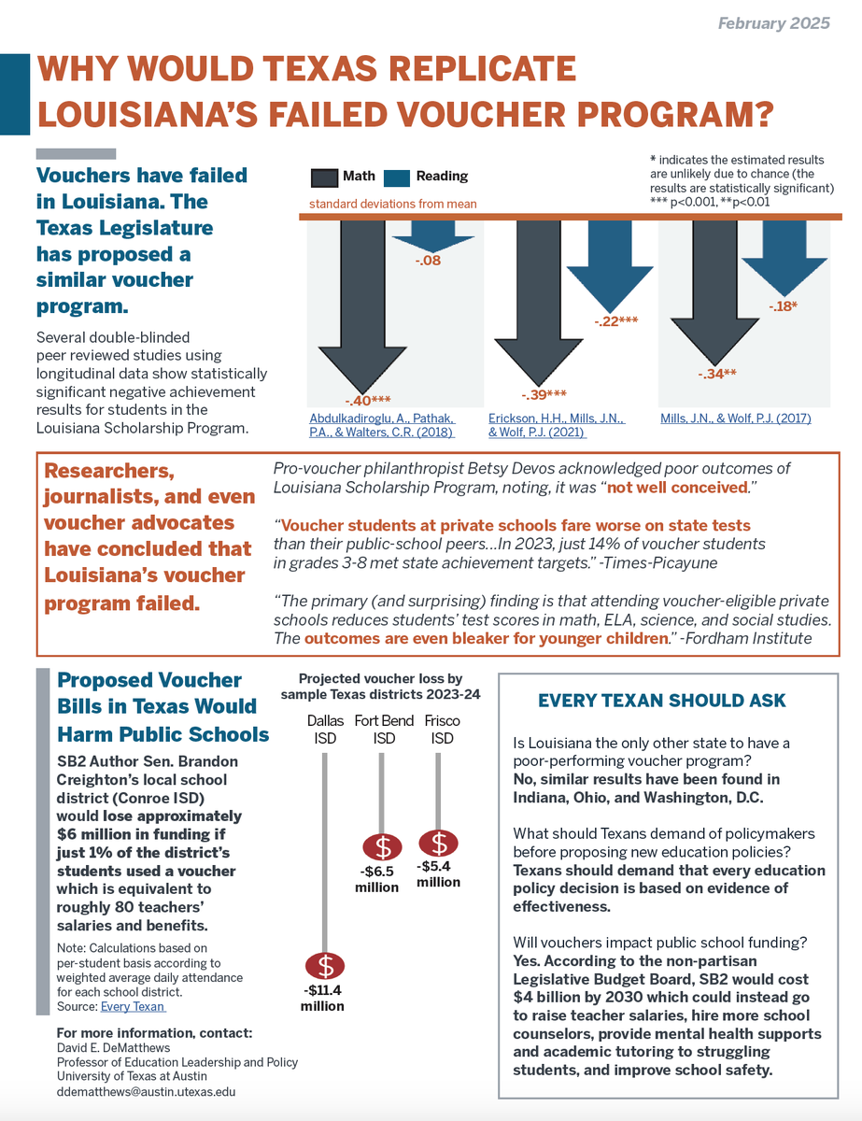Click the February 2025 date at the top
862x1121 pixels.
click(x=773, y=23)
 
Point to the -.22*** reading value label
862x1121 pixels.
click(x=615, y=321)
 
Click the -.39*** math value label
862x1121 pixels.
click(x=543, y=394)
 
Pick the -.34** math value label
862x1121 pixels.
click(x=717, y=375)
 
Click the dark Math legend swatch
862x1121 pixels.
click(x=324, y=177)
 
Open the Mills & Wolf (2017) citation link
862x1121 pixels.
click(x=736, y=419)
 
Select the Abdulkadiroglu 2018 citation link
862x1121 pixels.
click(x=382, y=425)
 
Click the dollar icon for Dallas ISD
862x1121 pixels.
click(x=324, y=964)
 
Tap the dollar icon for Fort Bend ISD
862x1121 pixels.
click(x=382, y=847)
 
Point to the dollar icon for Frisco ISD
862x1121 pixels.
click(x=439, y=843)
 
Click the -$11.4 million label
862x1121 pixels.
click(x=322, y=998)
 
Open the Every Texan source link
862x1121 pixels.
click(x=133, y=1006)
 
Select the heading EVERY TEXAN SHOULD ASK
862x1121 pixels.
click(x=662, y=701)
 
